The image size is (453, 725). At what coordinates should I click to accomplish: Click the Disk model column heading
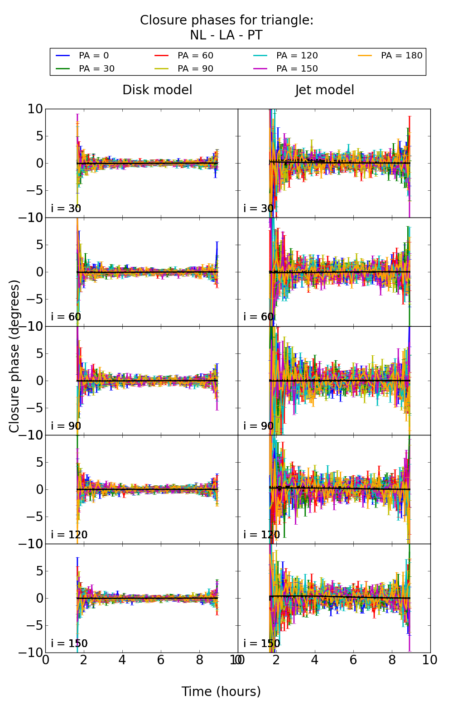pos(157,90)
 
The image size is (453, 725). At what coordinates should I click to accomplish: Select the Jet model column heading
pos(324,90)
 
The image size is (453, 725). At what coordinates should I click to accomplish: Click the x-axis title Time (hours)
pos(221,691)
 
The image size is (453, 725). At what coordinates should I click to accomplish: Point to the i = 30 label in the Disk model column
pos(66,208)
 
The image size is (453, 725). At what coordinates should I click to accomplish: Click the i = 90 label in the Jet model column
pos(258,426)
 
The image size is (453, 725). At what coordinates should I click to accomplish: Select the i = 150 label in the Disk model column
pos(69,643)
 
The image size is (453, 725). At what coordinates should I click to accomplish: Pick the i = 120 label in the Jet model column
pos(261,535)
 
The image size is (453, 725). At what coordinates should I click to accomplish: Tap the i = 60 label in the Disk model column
pos(66,317)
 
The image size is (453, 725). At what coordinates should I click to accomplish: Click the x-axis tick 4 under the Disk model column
pos(122,660)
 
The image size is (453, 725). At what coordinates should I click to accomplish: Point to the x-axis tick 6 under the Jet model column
pos(353,660)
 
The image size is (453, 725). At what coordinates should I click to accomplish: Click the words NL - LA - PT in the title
pos(226,35)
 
